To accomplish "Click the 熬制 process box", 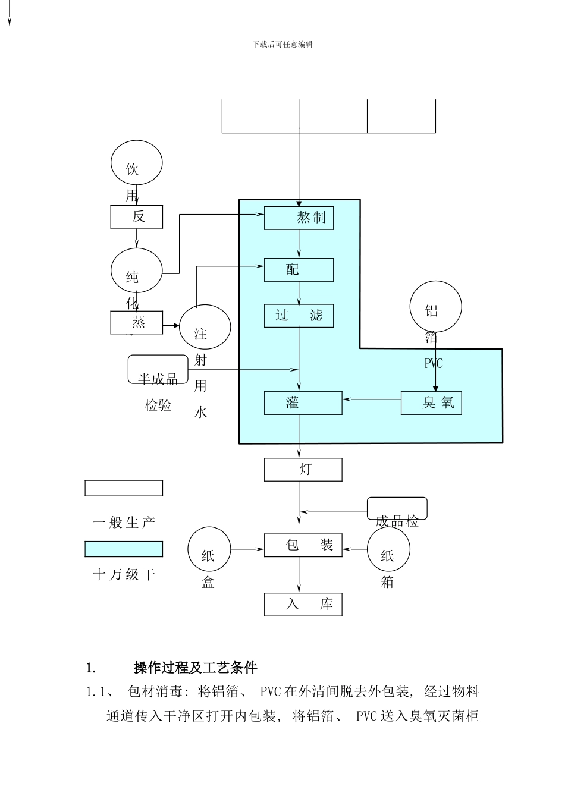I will point(299,218).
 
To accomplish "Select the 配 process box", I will point(299,270).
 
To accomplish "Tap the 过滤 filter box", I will point(299,316).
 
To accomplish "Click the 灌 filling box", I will point(303,403).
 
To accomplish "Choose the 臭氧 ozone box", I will point(431,403).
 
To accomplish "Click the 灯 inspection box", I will point(303,470).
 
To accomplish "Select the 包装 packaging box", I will point(303,545).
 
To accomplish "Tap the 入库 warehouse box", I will point(303,605).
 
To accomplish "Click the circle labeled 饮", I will point(136,163).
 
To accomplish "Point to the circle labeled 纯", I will point(136,271).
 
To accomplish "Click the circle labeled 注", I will point(205,327).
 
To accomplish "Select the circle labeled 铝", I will point(435,307).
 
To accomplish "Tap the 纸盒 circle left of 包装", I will point(209,549).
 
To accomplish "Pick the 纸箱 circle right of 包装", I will point(388,549).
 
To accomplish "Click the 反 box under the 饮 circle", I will point(136,216).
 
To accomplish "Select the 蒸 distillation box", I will point(136,322).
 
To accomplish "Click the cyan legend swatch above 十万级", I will point(124,549).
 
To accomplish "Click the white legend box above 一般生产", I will point(124,488).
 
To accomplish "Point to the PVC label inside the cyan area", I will point(434,363).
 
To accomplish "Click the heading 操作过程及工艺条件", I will point(195,668).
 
